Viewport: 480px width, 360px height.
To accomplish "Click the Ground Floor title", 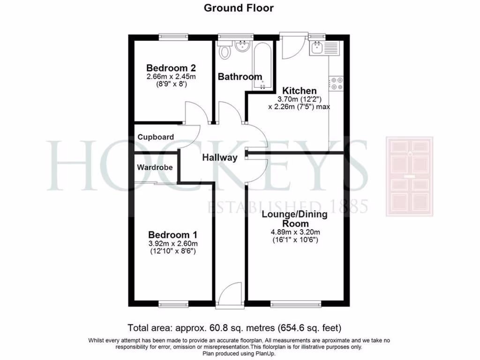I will [239, 8].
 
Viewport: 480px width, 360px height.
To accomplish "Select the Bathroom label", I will [240, 77].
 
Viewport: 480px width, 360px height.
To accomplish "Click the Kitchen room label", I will [299, 90].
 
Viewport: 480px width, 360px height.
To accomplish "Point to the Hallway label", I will [220, 158].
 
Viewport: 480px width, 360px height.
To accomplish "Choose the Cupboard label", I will [156, 137].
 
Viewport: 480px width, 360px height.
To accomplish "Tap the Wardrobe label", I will [155, 167].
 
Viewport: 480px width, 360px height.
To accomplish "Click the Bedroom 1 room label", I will [172, 235].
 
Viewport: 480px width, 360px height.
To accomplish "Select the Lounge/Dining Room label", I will [295, 219].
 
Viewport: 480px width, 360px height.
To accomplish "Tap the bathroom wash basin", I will [243, 46].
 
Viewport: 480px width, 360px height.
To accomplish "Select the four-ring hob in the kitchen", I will [337, 83].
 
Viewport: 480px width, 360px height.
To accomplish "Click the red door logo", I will [409, 176].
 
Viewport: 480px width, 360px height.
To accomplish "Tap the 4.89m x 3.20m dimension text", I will [295, 232].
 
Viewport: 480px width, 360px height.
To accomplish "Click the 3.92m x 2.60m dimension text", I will [172, 244].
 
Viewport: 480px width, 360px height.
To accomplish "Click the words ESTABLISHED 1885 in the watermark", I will [288, 207].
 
